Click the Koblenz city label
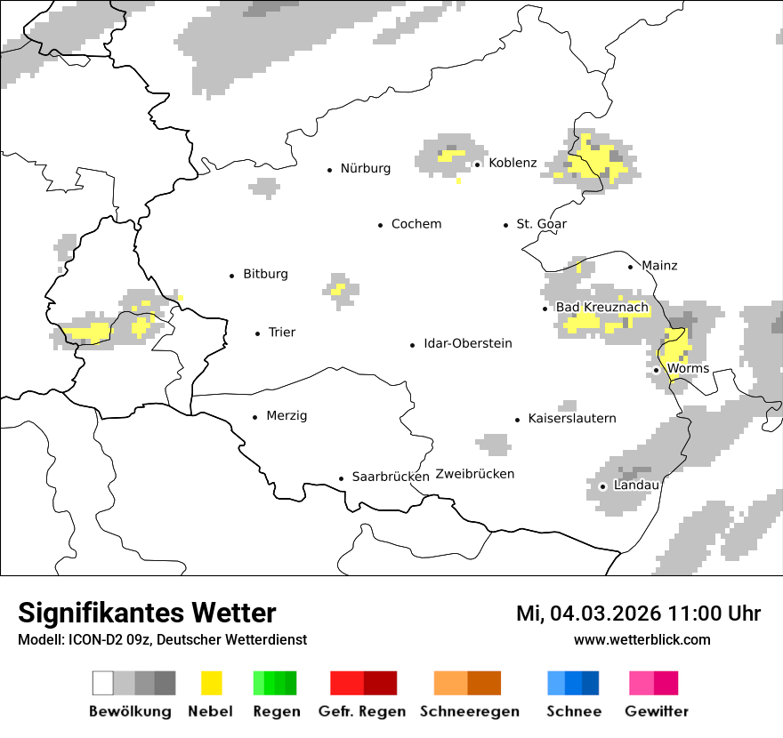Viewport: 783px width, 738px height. coord(513,163)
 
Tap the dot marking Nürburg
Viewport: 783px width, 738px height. coord(329,169)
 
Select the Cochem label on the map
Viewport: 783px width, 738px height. coord(416,224)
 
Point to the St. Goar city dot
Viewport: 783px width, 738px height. coord(506,225)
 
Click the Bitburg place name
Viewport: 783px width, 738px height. coord(265,275)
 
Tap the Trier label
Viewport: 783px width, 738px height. coord(281,333)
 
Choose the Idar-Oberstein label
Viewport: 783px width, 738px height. coord(468,344)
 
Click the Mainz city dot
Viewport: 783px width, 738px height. coord(631,267)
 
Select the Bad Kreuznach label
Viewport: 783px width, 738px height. coord(602,308)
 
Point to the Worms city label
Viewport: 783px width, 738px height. coord(688,369)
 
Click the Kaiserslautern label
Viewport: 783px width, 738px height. coord(572,419)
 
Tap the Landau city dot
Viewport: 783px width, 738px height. coord(602,486)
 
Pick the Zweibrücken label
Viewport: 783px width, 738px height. coord(475,474)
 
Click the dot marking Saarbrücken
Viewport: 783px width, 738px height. coord(341,478)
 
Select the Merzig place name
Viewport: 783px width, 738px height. coord(287,416)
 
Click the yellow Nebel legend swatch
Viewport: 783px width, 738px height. coord(211,683)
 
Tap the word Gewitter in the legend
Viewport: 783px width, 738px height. coord(657,711)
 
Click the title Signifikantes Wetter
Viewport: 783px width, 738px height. coord(147,613)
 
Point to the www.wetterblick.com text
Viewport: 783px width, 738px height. coord(642,639)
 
